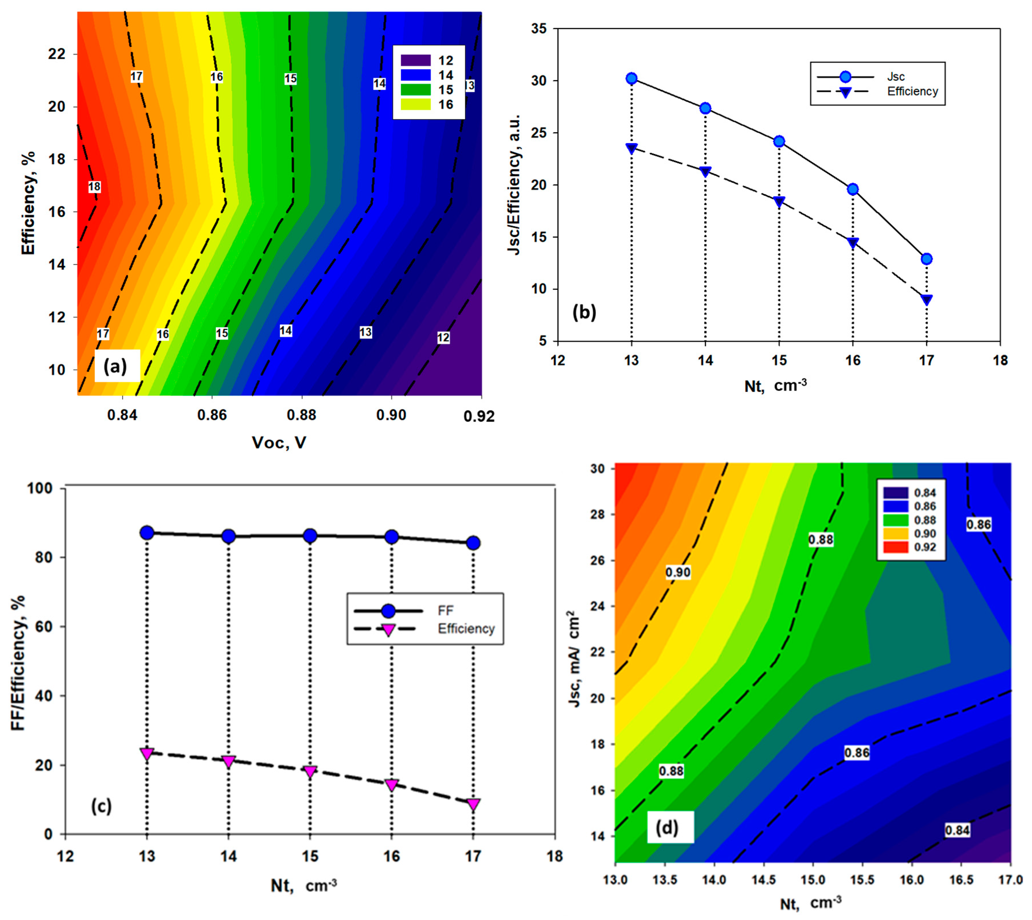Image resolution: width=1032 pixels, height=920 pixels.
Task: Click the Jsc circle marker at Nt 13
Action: [631, 78]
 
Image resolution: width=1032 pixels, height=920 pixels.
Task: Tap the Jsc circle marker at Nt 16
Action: [853, 189]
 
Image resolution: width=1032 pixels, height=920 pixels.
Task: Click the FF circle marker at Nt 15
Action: [310, 535]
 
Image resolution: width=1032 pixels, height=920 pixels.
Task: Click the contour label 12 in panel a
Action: [443, 338]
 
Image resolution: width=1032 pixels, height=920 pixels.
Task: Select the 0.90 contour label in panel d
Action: [678, 572]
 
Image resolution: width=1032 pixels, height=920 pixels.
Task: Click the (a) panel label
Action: [116, 366]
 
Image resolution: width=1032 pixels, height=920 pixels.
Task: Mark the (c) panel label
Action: [101, 806]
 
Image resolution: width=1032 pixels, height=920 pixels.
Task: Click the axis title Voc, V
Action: [279, 443]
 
